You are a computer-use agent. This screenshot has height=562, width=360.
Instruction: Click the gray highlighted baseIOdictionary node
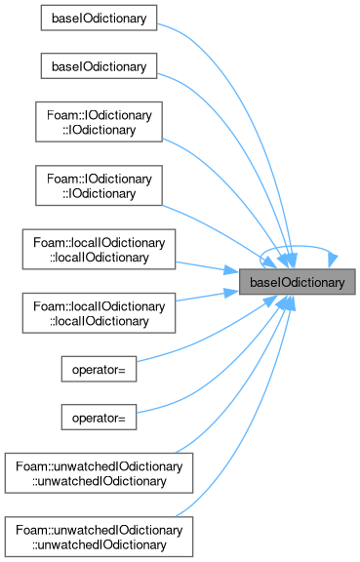tap(298, 282)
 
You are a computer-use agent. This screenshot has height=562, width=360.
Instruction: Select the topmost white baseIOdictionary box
tap(99, 18)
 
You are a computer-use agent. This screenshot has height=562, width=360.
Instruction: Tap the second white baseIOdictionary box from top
tap(99, 66)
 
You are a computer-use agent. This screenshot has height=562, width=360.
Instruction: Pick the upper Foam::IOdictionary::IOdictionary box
tap(99, 122)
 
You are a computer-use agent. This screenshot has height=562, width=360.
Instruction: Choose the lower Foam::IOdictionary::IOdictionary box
tap(99, 185)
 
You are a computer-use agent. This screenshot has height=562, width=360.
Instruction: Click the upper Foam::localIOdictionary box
tap(99, 250)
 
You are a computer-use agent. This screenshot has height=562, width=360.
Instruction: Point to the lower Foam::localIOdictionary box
tap(99, 313)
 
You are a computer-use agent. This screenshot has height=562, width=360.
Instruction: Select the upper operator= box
tap(99, 369)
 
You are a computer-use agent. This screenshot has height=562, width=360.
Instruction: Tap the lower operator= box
tap(99, 418)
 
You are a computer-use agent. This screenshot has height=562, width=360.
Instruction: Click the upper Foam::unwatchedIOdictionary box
tap(99, 473)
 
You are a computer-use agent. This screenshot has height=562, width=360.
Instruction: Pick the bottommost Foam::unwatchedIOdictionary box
tap(99, 537)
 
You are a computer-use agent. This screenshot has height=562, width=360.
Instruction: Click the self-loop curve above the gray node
tap(298, 246)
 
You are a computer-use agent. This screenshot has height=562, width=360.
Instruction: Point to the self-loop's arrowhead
tap(333, 261)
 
